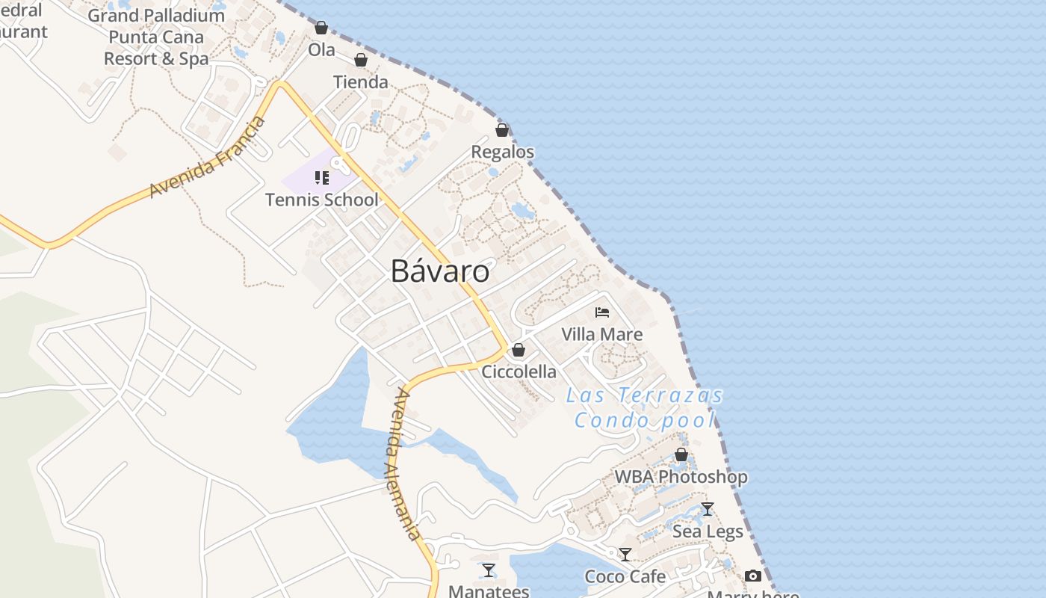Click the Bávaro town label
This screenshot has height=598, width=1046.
(x=440, y=271)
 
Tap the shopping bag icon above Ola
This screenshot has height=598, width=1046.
(x=321, y=28)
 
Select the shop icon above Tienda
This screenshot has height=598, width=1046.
(x=361, y=60)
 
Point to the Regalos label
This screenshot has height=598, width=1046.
(x=502, y=152)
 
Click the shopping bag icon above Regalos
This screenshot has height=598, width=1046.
(x=502, y=130)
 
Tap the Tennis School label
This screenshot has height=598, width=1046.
(x=322, y=200)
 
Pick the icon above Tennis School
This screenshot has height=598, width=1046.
(x=322, y=178)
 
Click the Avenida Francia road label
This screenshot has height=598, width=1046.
(x=208, y=158)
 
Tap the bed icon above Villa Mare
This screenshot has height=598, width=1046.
(x=602, y=312)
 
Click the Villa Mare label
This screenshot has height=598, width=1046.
(x=601, y=334)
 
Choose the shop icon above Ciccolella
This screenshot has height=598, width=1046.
(x=519, y=350)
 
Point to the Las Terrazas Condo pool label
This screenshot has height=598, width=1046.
(x=645, y=407)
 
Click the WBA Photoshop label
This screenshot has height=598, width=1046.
(x=681, y=476)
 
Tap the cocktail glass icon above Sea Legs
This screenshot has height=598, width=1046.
(x=708, y=509)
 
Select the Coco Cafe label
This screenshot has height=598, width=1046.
(x=625, y=576)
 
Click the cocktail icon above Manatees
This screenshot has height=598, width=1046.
(x=489, y=570)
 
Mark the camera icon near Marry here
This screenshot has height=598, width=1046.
(x=753, y=576)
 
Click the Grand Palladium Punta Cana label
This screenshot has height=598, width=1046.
(x=156, y=37)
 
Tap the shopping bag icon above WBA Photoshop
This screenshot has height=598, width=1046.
(x=681, y=454)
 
